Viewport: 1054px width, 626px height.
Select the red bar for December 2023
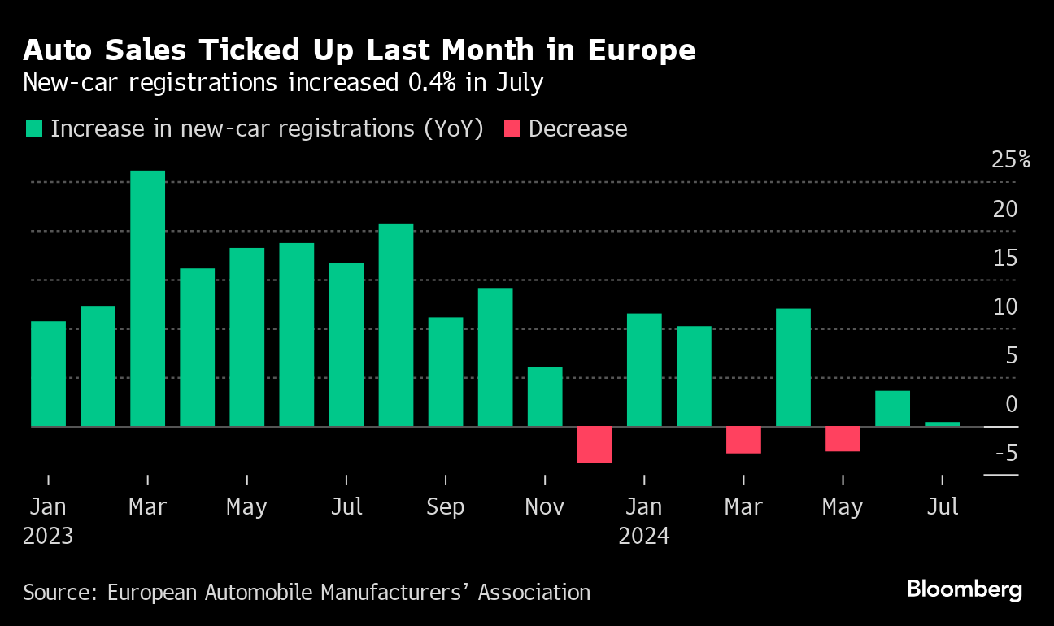[595, 445]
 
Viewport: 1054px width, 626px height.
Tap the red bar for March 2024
[743, 440]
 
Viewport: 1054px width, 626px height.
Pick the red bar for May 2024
[843, 439]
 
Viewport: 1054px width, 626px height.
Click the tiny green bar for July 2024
[942, 424]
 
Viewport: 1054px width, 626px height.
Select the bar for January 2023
[48, 373]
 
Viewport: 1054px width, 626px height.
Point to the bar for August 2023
[396, 324]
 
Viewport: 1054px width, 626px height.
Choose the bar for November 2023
[545, 397]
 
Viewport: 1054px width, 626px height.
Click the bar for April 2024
[793, 367]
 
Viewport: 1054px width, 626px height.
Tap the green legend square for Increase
[34, 129]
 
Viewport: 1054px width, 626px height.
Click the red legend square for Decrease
[512, 129]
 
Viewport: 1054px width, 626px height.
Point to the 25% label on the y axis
[1010, 159]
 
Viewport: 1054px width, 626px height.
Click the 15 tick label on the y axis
[1005, 258]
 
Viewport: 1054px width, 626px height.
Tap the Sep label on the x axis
[445, 507]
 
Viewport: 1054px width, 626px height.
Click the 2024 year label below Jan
[643, 537]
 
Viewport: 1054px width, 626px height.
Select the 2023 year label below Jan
[48, 537]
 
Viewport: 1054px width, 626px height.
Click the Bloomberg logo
[964, 590]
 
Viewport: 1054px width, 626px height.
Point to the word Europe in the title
[647, 51]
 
